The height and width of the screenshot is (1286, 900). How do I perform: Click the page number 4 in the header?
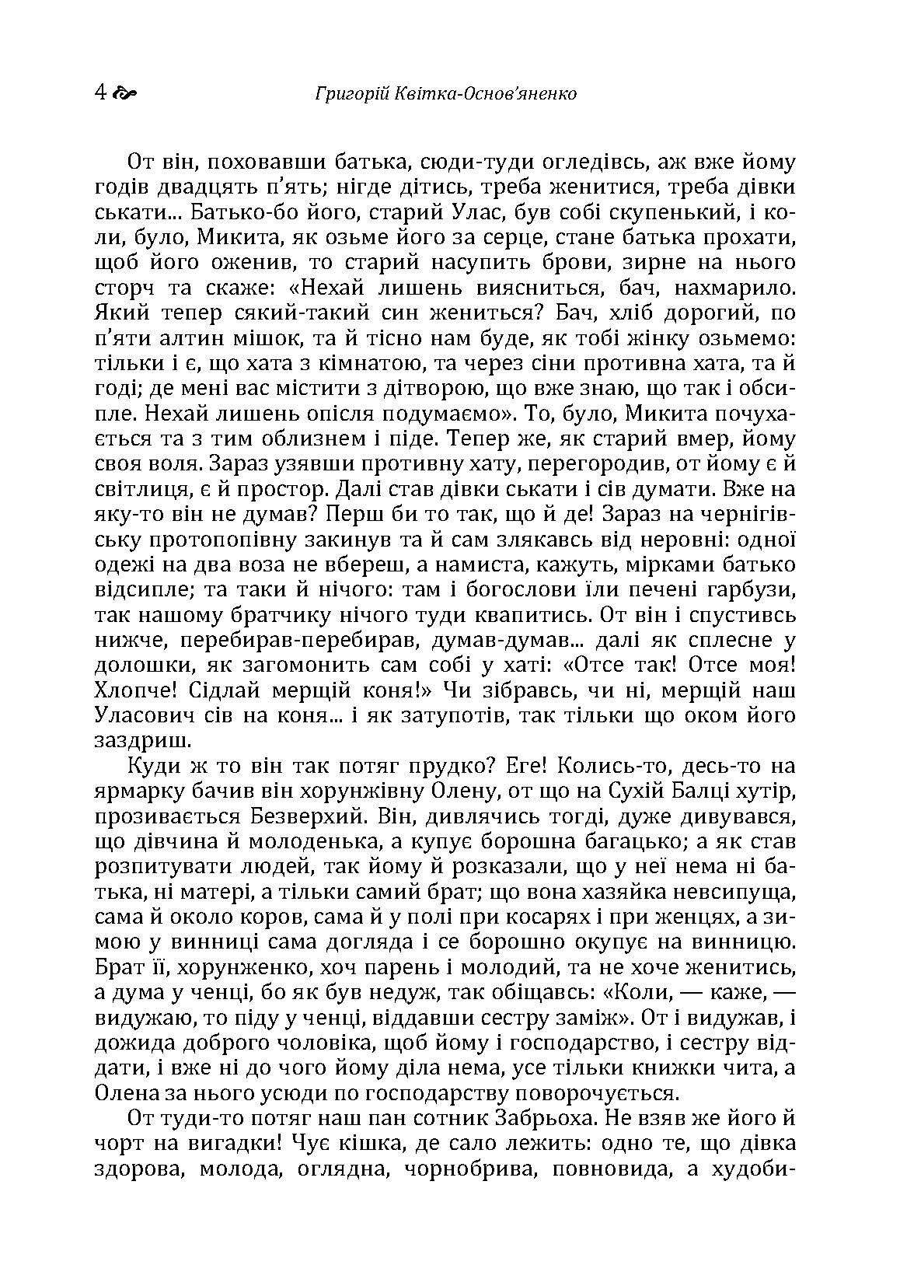(99, 93)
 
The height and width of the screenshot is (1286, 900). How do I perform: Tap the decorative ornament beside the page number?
(124, 94)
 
